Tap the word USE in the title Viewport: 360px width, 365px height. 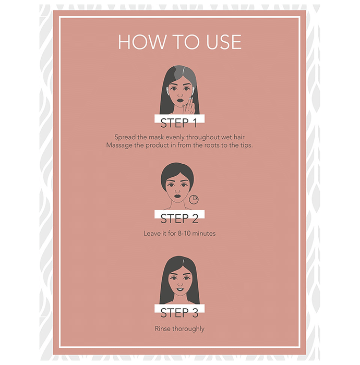(x=224, y=42)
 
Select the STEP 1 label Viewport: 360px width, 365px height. (x=179, y=123)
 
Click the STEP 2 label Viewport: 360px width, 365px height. (x=179, y=218)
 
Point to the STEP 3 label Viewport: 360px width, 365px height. (x=179, y=313)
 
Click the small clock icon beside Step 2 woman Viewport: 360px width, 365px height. (x=194, y=200)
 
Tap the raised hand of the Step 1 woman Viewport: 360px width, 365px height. (x=189, y=106)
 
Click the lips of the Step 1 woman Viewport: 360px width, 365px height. (x=179, y=101)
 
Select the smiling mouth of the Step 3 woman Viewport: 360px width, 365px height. (x=180, y=289)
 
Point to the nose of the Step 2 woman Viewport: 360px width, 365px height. (x=177, y=190)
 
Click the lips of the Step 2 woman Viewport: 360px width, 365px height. (x=177, y=196)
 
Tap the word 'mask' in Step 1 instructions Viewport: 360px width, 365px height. (x=156, y=137)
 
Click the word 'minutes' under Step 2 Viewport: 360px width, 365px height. (x=204, y=234)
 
